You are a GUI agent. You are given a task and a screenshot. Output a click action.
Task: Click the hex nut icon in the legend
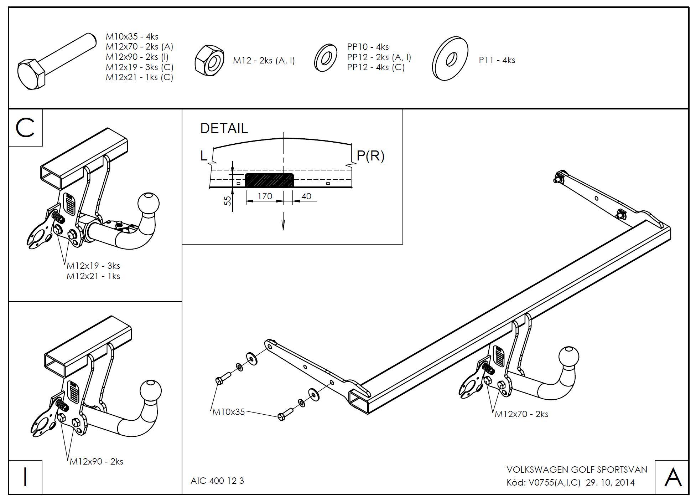click(209, 60)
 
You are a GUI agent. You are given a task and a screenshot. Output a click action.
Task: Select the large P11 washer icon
click(450, 58)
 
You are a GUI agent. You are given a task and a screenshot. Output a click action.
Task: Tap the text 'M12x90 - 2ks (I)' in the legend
click(137, 57)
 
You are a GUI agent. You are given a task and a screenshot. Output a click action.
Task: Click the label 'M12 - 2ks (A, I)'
click(264, 61)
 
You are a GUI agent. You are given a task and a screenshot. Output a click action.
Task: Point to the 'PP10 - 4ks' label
click(368, 47)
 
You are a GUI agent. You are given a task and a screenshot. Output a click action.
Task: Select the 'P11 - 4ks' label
click(497, 60)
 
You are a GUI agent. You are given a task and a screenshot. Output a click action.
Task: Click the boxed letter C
click(25, 128)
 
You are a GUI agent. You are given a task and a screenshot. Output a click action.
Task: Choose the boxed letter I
click(25, 477)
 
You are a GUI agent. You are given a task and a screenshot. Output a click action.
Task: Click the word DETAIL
click(224, 128)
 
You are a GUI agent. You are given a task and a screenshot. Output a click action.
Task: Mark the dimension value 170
click(265, 196)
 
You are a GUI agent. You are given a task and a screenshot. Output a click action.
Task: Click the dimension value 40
click(306, 196)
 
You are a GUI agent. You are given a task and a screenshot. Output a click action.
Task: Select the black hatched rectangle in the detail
click(270, 181)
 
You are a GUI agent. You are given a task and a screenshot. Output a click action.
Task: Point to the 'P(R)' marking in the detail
click(370, 156)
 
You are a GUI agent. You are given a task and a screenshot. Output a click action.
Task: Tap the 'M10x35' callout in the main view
click(229, 412)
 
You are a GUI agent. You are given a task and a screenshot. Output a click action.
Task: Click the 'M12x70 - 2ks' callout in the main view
click(521, 414)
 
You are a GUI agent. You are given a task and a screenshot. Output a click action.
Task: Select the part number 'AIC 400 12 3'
click(217, 481)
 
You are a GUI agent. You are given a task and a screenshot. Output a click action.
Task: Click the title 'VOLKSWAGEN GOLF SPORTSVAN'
click(577, 470)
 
